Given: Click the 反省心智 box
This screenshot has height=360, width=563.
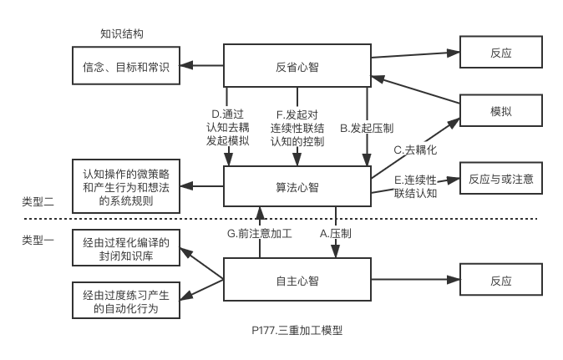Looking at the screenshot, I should point(297,66).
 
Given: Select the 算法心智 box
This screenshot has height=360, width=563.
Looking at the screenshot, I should point(297,187).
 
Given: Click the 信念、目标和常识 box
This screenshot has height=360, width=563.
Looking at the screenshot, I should point(126,67).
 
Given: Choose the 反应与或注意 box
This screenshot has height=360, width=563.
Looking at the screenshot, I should point(501,179).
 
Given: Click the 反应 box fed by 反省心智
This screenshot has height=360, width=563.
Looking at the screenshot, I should point(501,53).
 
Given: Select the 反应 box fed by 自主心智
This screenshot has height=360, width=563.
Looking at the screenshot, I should point(501,281).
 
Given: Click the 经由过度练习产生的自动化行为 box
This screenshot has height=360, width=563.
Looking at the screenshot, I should point(126,302).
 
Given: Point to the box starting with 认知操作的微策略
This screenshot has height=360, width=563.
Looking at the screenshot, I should point(126,186).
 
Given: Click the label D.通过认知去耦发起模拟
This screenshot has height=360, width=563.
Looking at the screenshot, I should point(228,128).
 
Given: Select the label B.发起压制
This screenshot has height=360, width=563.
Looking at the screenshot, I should point(367,129).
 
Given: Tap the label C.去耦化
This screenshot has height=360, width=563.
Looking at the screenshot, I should point(415,150).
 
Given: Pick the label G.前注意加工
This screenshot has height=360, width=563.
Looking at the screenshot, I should point(260,233).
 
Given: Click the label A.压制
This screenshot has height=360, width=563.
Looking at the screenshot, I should point(336,233).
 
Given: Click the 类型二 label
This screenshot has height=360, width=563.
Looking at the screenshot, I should point(38,202).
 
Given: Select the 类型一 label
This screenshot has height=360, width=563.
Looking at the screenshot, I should point(38,241).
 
